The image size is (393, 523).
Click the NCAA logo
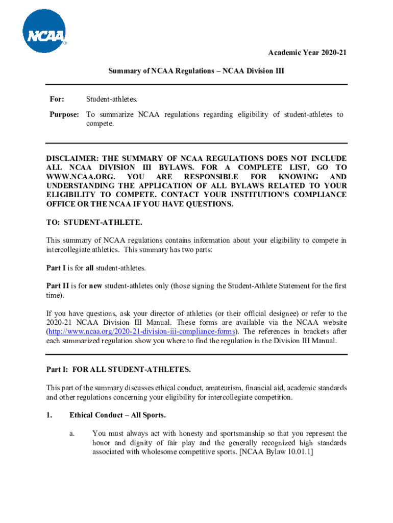(x=44, y=32)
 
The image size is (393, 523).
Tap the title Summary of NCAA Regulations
(x=196, y=72)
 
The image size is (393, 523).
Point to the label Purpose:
(x=64, y=114)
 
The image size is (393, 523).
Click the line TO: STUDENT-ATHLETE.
(x=94, y=223)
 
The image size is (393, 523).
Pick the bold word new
(x=96, y=286)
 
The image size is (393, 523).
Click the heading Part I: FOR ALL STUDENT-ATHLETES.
(x=118, y=369)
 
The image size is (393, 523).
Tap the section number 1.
(x=49, y=415)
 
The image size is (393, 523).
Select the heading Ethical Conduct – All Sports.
(x=117, y=415)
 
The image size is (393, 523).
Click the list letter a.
(x=72, y=433)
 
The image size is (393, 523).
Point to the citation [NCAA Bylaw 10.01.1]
(x=276, y=451)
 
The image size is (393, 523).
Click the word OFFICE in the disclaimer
(x=61, y=204)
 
